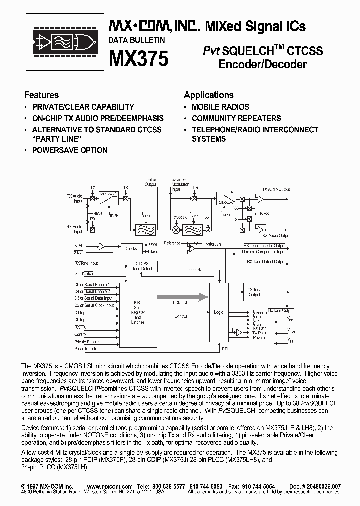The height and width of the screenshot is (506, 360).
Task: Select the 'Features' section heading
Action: click(41, 95)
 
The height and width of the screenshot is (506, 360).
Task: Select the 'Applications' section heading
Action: click(208, 95)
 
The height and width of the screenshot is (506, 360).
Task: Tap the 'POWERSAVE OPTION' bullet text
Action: click(70, 150)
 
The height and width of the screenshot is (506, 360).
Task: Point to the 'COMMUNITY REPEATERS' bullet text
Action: click(236, 118)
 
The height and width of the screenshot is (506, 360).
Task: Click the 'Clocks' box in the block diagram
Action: click(131, 248)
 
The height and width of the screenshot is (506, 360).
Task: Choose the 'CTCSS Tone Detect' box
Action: click(142, 266)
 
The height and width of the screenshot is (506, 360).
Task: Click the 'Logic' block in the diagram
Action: click(218, 313)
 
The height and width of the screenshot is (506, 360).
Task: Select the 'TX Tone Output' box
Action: click(255, 292)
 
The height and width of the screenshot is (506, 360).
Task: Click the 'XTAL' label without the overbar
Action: click(79, 246)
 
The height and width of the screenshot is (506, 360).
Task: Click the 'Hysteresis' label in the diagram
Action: click(213, 244)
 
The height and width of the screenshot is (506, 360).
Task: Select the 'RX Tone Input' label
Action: click(86, 263)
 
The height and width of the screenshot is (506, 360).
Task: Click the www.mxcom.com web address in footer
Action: click(110, 486)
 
